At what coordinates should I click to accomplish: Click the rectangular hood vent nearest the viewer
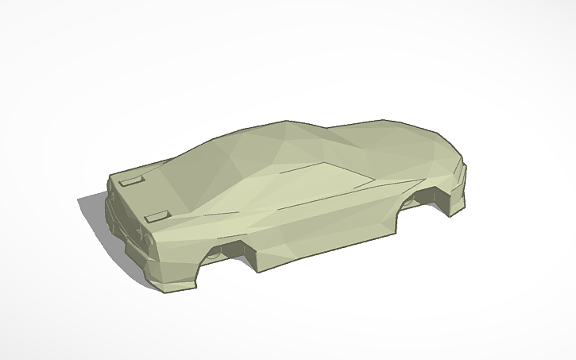pos(159,214)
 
